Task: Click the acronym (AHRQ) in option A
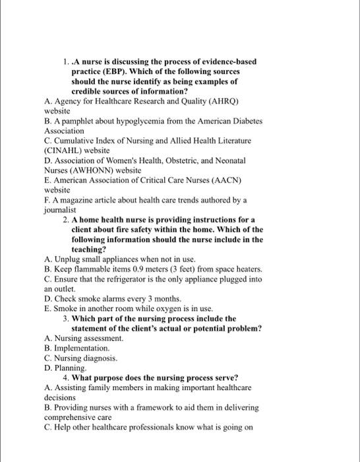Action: (x=221, y=102)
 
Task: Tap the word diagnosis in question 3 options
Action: (x=99, y=357)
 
